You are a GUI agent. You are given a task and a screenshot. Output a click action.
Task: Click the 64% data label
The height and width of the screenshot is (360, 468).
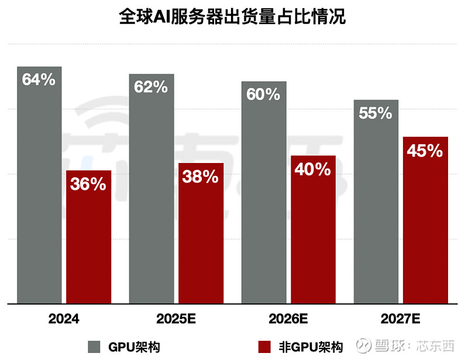tap(39, 79)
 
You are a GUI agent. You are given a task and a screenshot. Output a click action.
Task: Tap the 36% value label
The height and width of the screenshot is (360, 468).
tap(88, 184)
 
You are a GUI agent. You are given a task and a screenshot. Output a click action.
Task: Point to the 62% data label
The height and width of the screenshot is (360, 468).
tap(152, 87)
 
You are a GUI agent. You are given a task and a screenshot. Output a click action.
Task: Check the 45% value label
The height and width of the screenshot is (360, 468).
tap(425, 151)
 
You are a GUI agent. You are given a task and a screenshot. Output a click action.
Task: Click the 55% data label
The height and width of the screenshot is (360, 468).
tap(376, 113)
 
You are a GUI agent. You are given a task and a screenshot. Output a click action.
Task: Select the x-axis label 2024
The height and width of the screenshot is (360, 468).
tap(64, 320)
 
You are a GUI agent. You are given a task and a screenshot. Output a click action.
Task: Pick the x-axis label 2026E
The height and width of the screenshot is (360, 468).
tap(288, 320)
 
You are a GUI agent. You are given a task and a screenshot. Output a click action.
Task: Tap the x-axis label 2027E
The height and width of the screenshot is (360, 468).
tap(401, 320)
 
